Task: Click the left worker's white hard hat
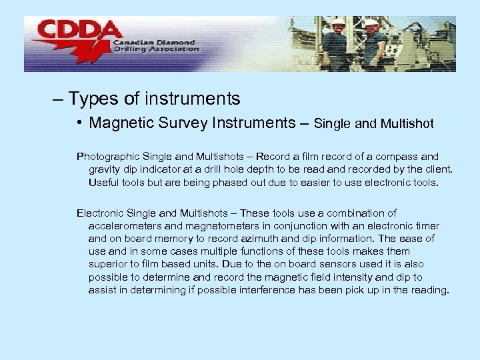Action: [338, 21]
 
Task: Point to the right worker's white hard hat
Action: [371, 23]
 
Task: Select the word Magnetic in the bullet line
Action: [119, 123]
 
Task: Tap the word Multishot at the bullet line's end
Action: [407, 124]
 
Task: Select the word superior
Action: [109, 264]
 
